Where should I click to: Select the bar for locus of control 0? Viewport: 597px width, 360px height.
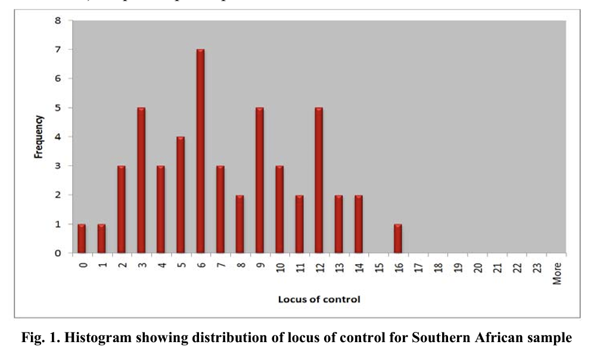tap(82, 238)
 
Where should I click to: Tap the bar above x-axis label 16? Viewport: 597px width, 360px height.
tap(398, 238)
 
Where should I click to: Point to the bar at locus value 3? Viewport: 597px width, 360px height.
tap(141, 180)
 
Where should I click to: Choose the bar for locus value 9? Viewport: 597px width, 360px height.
tap(260, 180)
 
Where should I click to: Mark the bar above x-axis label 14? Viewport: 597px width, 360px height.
tap(359, 224)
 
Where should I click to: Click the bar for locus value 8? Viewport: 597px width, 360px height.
tap(240, 224)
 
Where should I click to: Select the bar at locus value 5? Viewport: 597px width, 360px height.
tap(181, 195)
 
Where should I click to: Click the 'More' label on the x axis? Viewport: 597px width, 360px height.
tap(557, 272)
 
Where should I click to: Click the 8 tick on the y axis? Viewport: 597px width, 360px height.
tap(58, 20)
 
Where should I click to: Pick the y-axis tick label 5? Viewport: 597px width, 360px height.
tap(58, 108)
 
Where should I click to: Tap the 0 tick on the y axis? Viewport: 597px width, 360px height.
tap(58, 253)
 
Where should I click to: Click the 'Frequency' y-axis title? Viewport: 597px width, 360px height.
tap(39, 136)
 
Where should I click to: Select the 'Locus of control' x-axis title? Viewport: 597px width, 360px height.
tap(319, 299)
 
